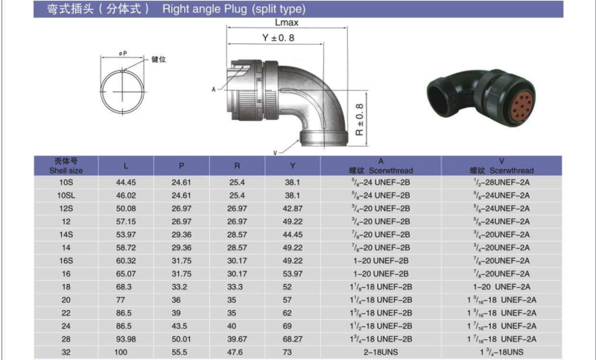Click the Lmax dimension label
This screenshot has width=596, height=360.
pyautogui.click(x=287, y=22)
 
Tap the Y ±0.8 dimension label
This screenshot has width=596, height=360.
pyautogui.click(x=278, y=37)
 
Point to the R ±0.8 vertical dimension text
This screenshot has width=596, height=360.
pyautogui.click(x=359, y=120)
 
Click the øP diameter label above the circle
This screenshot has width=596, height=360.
pyautogui.click(x=123, y=54)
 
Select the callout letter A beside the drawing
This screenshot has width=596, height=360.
pyautogui.click(x=214, y=89)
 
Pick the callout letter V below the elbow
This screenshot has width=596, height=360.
pyautogui.click(x=275, y=153)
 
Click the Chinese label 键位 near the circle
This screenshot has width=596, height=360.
pyautogui.click(x=159, y=60)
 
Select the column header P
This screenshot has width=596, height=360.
pyautogui.click(x=181, y=165)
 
